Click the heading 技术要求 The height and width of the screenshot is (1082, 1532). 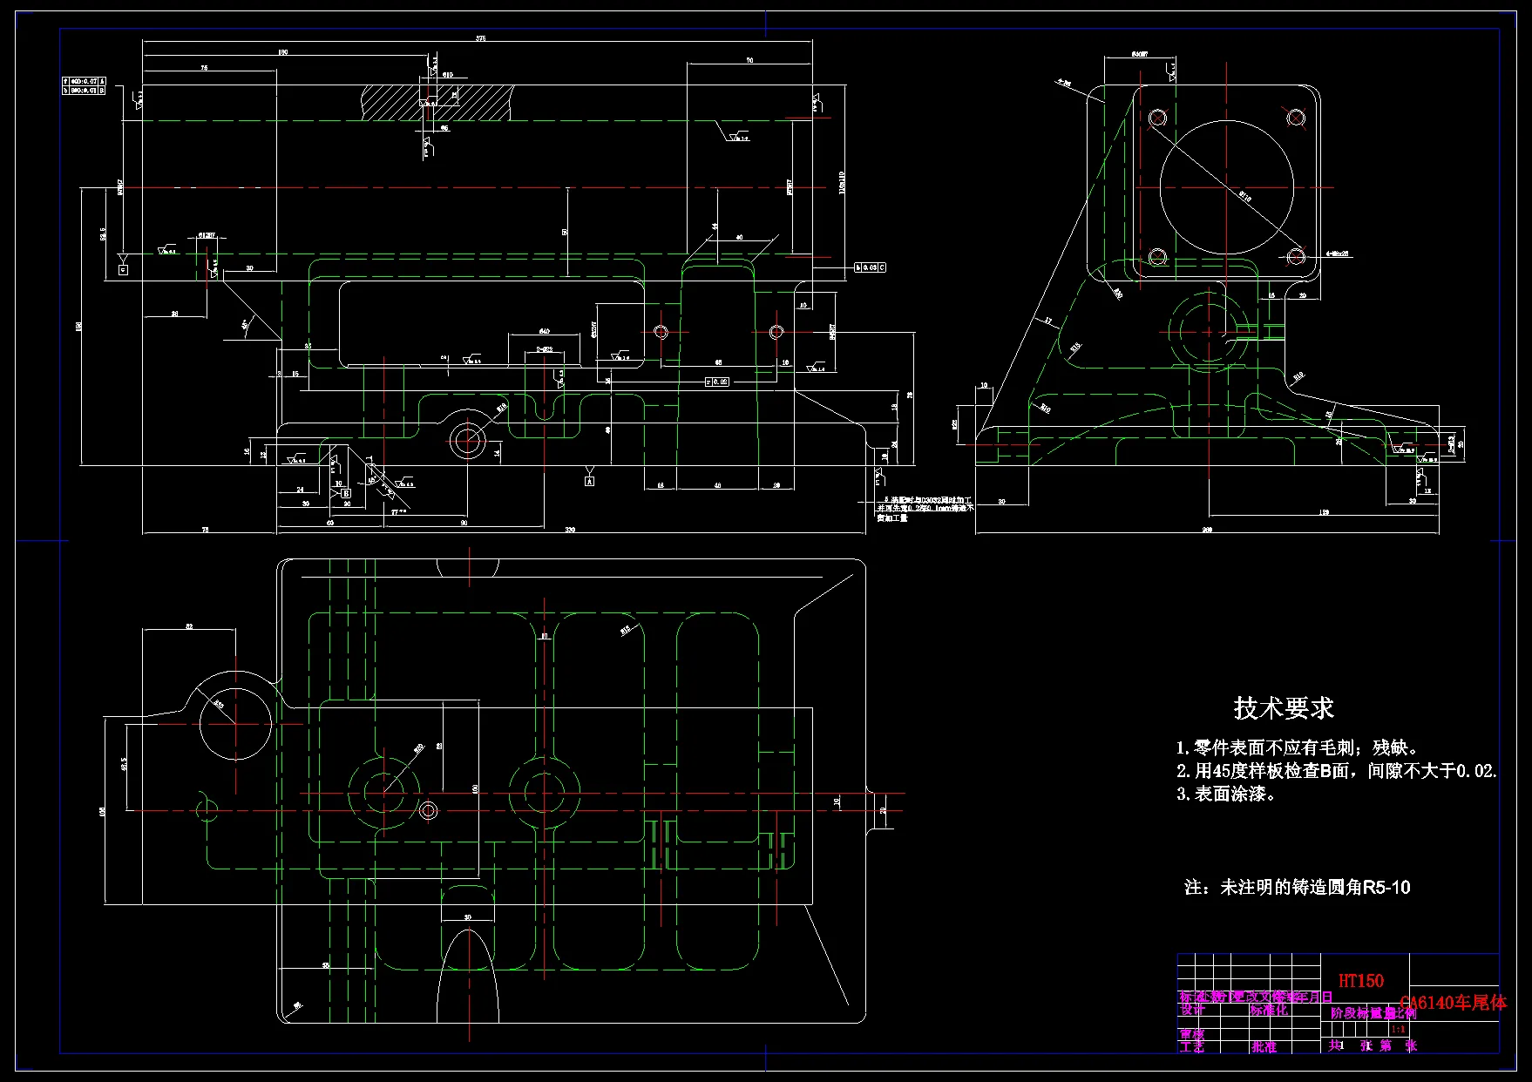(x=1284, y=708)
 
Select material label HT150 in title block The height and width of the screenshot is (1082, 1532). (x=1360, y=981)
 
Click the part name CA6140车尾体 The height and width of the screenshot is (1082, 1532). (x=1453, y=1003)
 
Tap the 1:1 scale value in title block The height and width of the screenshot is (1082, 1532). (x=1398, y=1030)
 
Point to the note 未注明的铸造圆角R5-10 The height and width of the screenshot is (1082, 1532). (x=1297, y=888)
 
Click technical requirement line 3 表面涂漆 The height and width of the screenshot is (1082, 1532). (x=1226, y=794)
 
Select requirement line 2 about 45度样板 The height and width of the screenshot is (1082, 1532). (x=1335, y=771)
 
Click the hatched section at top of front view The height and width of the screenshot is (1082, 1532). (x=436, y=101)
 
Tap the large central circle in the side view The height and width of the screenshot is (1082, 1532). (x=1226, y=187)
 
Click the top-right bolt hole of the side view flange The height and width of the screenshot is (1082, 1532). (x=1296, y=118)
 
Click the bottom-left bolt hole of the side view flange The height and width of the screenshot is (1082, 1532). (x=1157, y=256)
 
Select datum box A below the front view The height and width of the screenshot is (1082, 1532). (x=589, y=480)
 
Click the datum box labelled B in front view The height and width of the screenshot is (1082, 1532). (x=346, y=493)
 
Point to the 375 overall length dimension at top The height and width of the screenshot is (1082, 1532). (x=480, y=38)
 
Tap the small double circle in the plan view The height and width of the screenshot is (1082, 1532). (x=428, y=810)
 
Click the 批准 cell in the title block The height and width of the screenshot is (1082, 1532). (x=1264, y=1047)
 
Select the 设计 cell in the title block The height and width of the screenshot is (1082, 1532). (x=1192, y=1011)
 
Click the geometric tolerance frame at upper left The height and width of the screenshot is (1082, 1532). (x=84, y=85)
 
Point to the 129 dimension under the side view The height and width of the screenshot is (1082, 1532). (x=1324, y=513)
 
